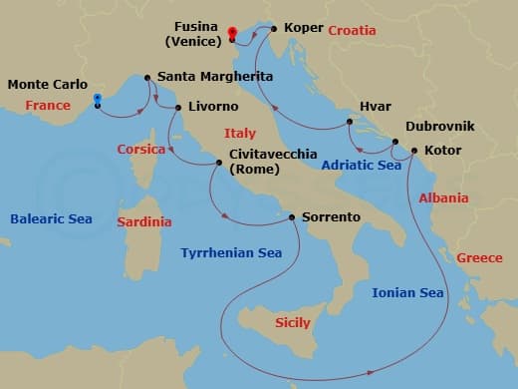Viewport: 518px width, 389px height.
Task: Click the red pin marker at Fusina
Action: [231, 33]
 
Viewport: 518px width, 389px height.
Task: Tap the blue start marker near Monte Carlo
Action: [98, 100]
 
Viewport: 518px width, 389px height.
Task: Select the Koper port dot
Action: [274, 30]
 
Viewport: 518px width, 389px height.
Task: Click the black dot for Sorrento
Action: [291, 216]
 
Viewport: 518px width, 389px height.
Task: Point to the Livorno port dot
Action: [177, 107]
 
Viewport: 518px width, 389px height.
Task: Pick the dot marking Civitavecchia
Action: [220, 163]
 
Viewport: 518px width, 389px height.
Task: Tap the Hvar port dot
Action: [350, 122]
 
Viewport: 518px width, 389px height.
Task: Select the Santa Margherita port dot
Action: [148, 77]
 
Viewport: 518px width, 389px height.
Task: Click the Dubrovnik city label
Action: [439, 127]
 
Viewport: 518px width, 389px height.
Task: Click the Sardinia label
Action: [143, 221]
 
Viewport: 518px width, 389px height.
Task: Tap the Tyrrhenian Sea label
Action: [231, 253]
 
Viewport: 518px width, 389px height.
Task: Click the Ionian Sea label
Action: [406, 292]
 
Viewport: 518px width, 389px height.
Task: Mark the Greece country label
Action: [479, 257]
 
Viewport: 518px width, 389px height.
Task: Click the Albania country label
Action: [443, 197]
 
